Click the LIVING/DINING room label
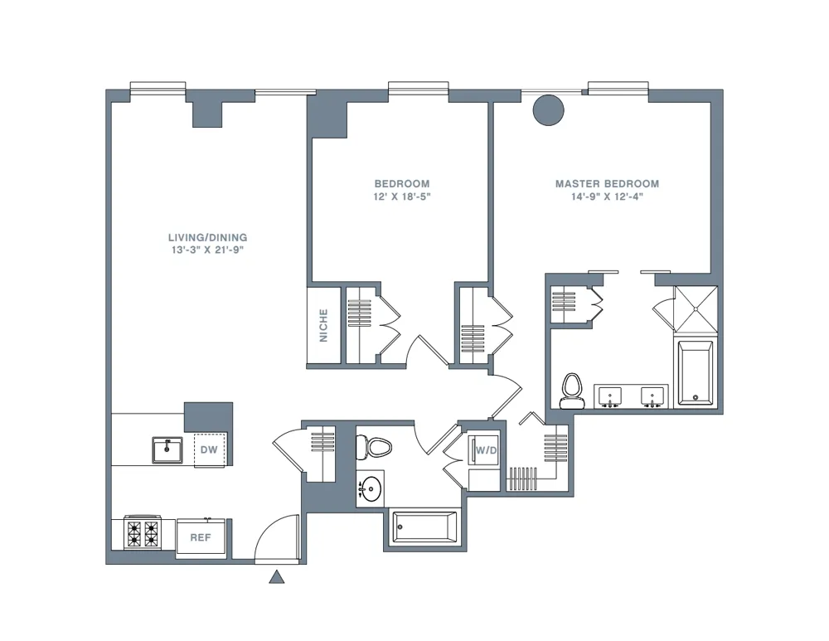(207, 237)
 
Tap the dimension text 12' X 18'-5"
(402, 197)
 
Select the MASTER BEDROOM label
(607, 184)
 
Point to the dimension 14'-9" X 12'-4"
(607, 197)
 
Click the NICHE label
(323, 325)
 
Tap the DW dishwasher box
(209, 450)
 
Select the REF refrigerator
(201, 537)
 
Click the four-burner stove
(142, 532)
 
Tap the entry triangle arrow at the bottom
(277, 577)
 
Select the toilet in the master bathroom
(570, 390)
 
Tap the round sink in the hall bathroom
(371, 489)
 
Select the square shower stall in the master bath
(695, 308)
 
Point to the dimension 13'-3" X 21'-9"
(207, 250)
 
